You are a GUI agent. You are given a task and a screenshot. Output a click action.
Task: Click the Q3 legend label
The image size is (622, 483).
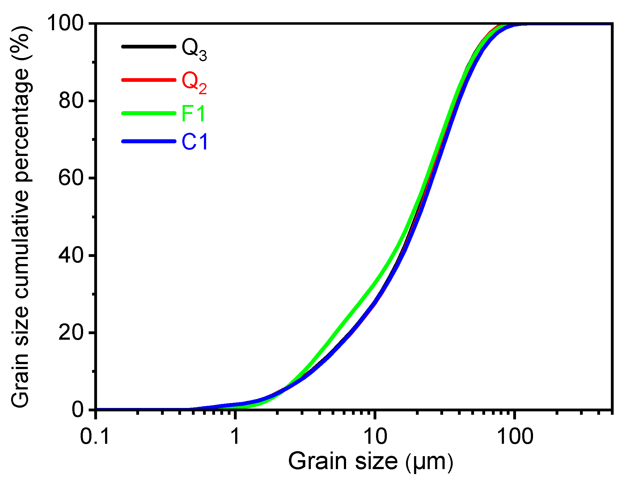click(x=194, y=49)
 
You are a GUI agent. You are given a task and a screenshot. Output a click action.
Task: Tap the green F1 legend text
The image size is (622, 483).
click(x=193, y=113)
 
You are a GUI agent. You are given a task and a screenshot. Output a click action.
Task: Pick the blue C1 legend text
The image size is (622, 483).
click(x=194, y=142)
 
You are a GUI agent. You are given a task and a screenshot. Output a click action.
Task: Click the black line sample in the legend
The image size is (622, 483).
click(x=149, y=47)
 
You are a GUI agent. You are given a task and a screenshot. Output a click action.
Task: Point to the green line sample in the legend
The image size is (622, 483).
click(x=149, y=113)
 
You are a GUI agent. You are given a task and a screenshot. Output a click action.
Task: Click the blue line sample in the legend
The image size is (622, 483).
click(x=149, y=141)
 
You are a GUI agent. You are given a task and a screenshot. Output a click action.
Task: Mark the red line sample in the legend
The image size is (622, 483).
click(x=149, y=80)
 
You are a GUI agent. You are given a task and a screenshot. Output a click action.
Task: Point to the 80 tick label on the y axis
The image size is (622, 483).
click(x=71, y=101)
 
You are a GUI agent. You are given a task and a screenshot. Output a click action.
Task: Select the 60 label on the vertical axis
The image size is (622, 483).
click(x=71, y=178)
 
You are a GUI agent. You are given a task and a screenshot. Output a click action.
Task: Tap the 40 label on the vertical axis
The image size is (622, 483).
click(x=71, y=255)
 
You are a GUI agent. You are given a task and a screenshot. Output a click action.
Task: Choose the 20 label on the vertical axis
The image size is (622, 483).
click(x=71, y=333)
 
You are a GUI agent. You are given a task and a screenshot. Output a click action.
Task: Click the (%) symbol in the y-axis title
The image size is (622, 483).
click(x=21, y=40)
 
